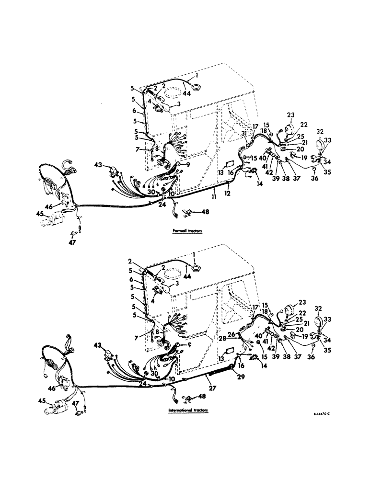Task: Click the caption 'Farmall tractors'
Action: pyautogui.click(x=188, y=231)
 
